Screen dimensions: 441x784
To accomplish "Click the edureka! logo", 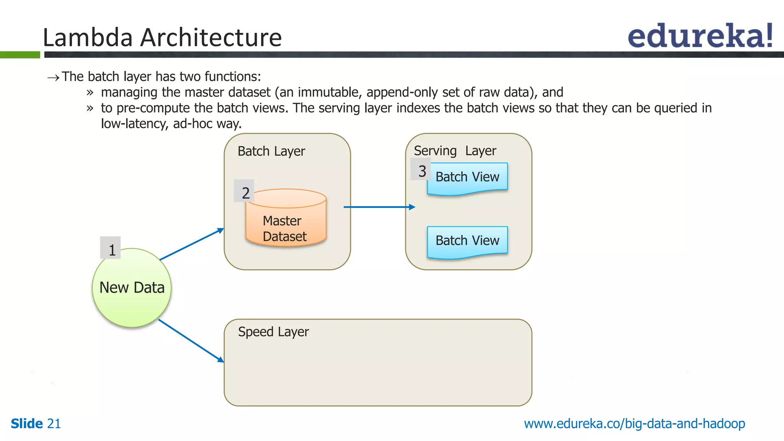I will point(700,36).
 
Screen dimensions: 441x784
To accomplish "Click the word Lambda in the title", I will point(88,38).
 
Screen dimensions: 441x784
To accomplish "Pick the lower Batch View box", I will point(467,241).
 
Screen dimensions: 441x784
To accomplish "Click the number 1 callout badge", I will point(111,248).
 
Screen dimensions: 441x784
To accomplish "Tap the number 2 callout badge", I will point(244,191).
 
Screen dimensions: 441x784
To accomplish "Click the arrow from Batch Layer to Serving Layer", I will point(379,207).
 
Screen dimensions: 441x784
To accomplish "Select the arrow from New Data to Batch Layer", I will point(191,244).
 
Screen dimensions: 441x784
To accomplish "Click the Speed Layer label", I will point(273,332).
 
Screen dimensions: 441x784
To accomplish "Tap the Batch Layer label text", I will point(271,151).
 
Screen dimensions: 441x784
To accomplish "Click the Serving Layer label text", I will point(455,151).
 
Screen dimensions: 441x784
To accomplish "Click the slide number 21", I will point(54,424).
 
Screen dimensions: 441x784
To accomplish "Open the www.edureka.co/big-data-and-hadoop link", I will point(634,424).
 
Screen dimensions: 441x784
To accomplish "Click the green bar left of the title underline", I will point(20,55).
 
